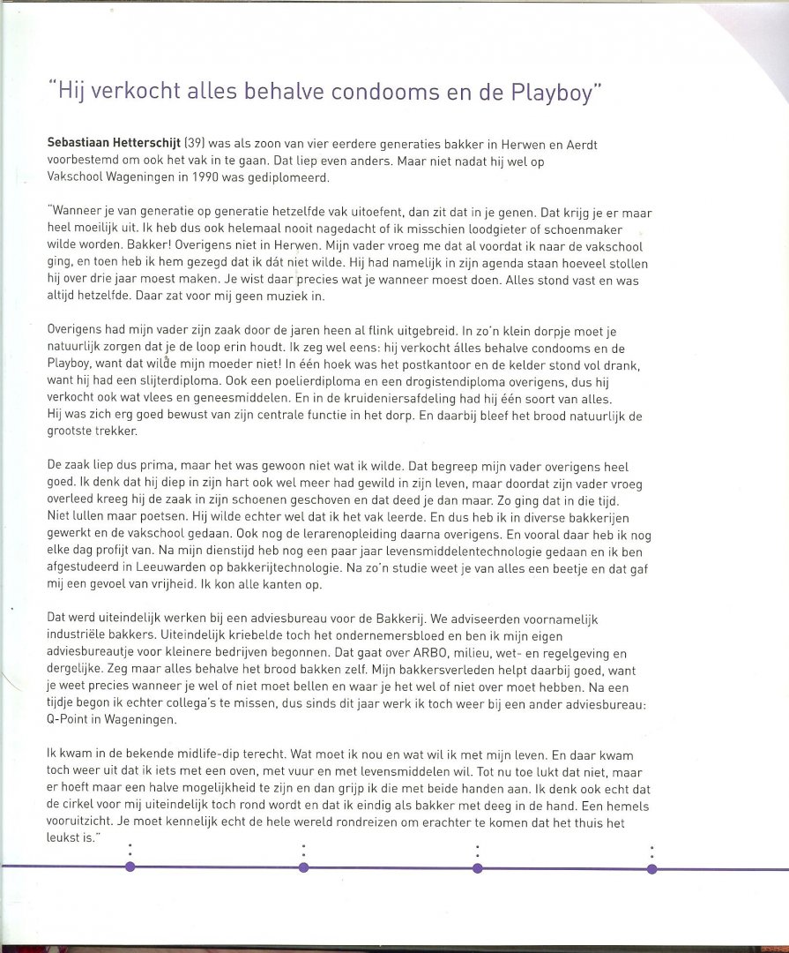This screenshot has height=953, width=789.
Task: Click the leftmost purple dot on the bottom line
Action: click(130, 867)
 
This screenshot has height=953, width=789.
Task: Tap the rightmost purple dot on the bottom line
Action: click(652, 867)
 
